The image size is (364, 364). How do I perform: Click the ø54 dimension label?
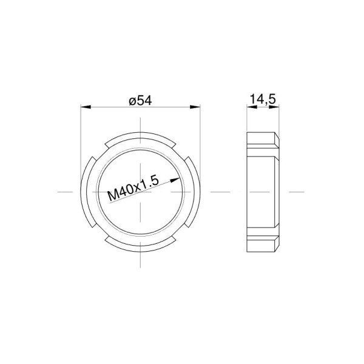tap(141, 101)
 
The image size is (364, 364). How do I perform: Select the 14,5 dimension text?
tap(263, 99)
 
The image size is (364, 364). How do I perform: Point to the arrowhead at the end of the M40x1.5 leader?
tap(175, 180)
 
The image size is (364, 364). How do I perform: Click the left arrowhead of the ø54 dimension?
tap(86, 107)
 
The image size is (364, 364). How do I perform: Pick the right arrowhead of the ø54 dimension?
tap(195, 107)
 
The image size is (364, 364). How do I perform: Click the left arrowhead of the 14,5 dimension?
tap(252, 107)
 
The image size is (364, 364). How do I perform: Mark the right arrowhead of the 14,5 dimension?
tap(274, 107)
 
